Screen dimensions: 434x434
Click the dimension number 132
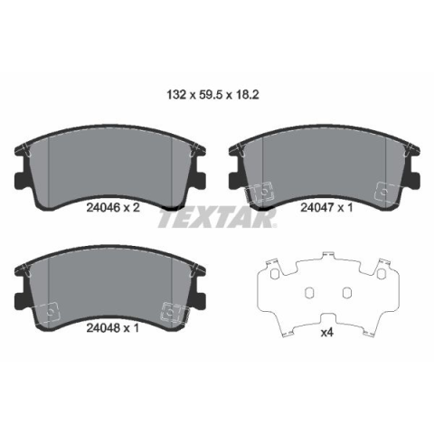pyautogui.click(x=176, y=95)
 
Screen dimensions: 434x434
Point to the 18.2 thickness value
pyautogui.click(x=247, y=95)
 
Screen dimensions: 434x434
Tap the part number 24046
pyautogui.click(x=104, y=207)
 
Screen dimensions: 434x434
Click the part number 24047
pyautogui.click(x=317, y=207)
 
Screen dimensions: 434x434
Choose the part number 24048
pyautogui.click(x=104, y=328)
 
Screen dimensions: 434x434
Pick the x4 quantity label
pyautogui.click(x=326, y=333)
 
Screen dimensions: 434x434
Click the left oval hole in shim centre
pyautogui.click(x=309, y=292)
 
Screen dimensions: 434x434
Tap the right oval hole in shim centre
pyautogui.click(x=347, y=292)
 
